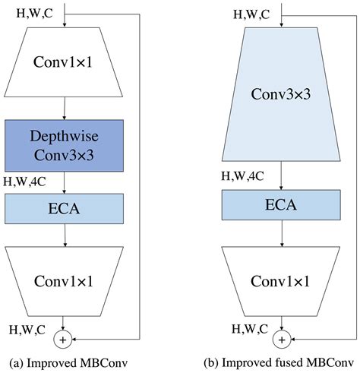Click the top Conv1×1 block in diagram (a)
pos(65,66)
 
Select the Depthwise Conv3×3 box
pos(65,147)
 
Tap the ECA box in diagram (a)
pos(65,207)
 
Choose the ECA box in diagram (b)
pos(283,205)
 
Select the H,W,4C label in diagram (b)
pos(244,176)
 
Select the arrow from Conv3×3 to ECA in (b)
pos(283,176)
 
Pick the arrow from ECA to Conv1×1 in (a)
pos(65,234)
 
